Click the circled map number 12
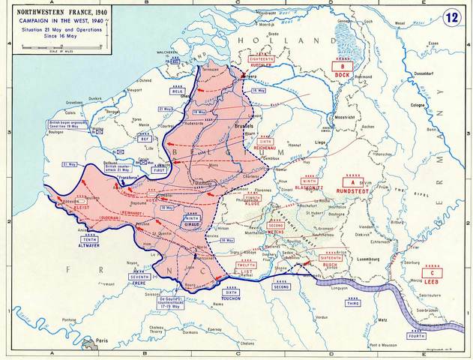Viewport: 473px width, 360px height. (451, 16)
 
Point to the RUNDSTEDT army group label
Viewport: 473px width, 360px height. (352, 192)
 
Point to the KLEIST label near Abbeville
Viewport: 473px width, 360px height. (82, 206)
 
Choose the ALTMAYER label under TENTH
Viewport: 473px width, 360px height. (88, 244)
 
